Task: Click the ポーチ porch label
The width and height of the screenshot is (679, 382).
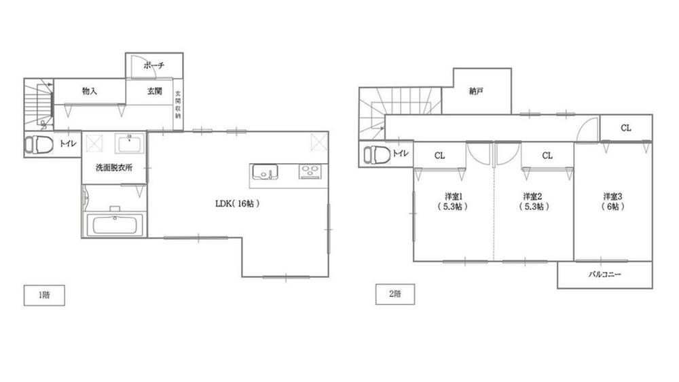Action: [x=154, y=66]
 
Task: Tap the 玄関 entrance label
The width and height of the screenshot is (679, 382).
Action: [x=155, y=91]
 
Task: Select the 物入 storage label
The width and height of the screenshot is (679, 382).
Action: [x=90, y=91]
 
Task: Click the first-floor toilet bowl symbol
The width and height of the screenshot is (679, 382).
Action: [x=38, y=144]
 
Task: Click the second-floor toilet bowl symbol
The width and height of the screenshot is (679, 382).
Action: [x=377, y=154]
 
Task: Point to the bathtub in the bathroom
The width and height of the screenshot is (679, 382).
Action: [x=115, y=225]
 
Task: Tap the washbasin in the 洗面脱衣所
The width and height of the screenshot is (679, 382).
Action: [x=130, y=143]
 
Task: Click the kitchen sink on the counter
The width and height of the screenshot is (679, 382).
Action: [x=265, y=171]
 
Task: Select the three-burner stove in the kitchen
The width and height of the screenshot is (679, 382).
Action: [x=310, y=171]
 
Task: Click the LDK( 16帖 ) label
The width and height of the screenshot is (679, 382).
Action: [x=237, y=203]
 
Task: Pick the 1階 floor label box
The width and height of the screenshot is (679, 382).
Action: [x=44, y=295]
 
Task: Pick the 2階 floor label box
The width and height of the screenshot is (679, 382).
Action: [x=395, y=294]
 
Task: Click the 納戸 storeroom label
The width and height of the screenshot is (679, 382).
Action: [x=477, y=91]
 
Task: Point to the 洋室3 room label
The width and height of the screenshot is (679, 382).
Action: [x=613, y=196]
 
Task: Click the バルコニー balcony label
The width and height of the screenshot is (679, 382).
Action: [x=605, y=275]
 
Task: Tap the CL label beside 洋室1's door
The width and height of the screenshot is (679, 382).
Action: [x=439, y=155]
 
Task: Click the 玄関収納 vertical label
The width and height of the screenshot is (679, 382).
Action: [x=178, y=105]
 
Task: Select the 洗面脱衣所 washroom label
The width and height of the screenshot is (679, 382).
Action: [x=114, y=167]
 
